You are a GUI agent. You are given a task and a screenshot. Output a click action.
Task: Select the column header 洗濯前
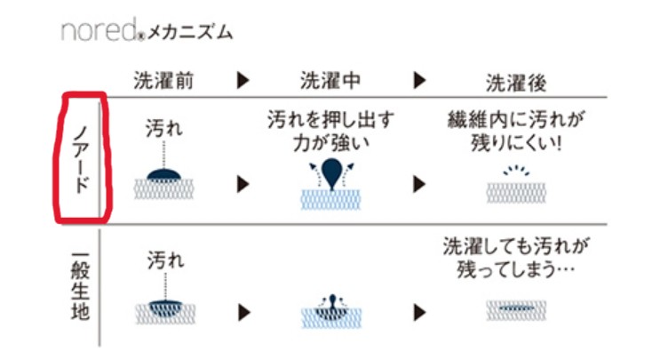[163, 82]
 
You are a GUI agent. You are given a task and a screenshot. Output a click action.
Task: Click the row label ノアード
[79, 157]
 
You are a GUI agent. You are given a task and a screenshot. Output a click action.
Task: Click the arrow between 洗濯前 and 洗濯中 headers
[243, 82]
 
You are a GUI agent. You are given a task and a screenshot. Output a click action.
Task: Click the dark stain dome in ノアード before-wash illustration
[163, 172]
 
